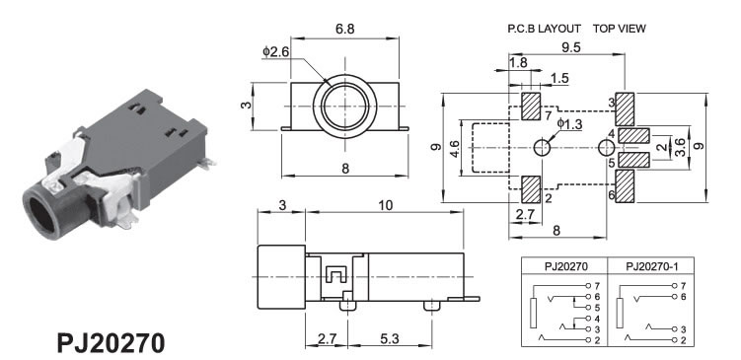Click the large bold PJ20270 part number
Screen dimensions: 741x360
click(x=111, y=343)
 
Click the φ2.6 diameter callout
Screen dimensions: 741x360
click(x=275, y=52)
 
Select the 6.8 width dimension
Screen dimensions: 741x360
click(x=345, y=29)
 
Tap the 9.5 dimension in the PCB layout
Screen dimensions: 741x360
click(x=571, y=47)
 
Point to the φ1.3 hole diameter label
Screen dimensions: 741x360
click(x=570, y=124)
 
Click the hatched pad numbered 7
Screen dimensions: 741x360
click(x=531, y=107)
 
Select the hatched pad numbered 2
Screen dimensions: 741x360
click(x=531, y=189)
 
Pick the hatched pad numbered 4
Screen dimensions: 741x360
click(x=634, y=135)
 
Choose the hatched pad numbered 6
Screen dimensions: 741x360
click(x=626, y=186)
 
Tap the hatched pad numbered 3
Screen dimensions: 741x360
click(x=626, y=109)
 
